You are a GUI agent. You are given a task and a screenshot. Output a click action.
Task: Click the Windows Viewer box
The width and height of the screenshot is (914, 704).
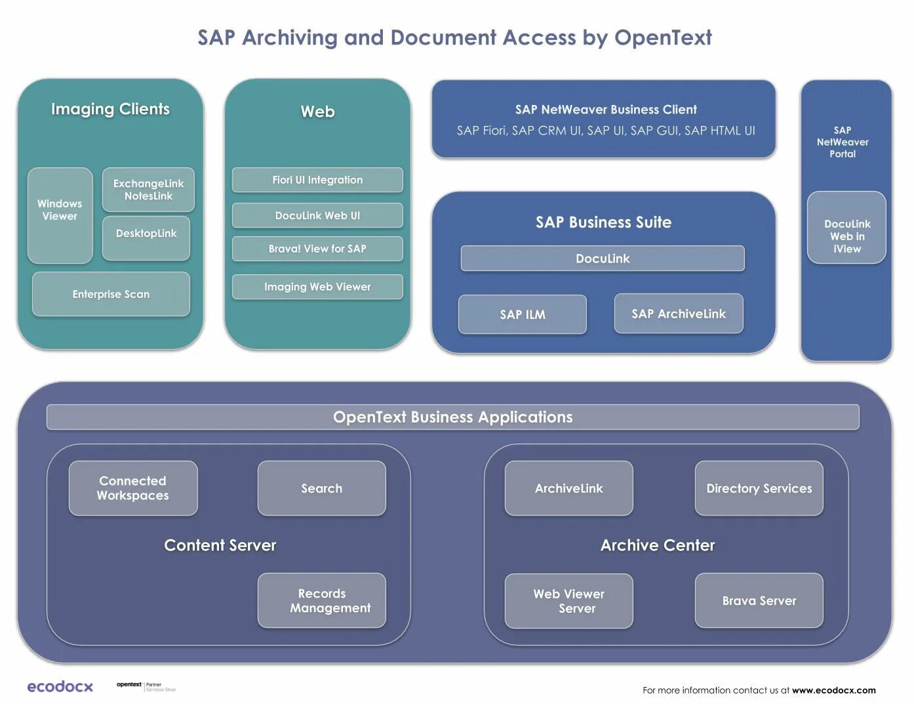pyautogui.click(x=60, y=215)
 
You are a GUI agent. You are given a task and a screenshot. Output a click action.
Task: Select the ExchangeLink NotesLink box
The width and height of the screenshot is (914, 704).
pyautogui.click(x=148, y=190)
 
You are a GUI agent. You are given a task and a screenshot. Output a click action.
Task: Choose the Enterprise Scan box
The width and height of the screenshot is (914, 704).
pyautogui.click(x=111, y=294)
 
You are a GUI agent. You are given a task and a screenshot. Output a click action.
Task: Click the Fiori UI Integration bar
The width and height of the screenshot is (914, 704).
pyautogui.click(x=317, y=180)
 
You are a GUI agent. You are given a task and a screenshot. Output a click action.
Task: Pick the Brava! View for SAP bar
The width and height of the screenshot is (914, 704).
pyautogui.click(x=317, y=249)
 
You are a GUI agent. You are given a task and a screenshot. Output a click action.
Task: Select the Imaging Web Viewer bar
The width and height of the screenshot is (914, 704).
pyautogui.click(x=317, y=287)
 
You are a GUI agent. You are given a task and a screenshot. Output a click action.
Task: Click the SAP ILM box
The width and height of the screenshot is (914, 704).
pyautogui.click(x=522, y=314)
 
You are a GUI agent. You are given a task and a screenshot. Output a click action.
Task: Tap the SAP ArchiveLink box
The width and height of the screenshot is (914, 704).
pyautogui.click(x=679, y=314)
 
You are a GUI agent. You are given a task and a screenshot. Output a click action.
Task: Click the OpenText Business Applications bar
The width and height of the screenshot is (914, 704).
pyautogui.click(x=452, y=417)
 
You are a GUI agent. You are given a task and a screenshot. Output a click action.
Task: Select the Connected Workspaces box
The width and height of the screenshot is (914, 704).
pyautogui.click(x=133, y=488)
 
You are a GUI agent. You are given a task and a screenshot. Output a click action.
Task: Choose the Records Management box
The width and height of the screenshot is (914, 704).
pyautogui.click(x=322, y=600)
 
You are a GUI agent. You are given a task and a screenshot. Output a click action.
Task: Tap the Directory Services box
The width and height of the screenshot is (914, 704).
pyautogui.click(x=759, y=488)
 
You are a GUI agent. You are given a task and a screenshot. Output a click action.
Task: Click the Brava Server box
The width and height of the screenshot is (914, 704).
pyautogui.click(x=759, y=600)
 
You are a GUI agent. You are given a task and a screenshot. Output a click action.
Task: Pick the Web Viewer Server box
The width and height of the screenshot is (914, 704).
pyautogui.click(x=568, y=601)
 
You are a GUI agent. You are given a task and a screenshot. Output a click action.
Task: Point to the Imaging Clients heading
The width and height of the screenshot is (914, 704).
pyautogui.click(x=110, y=109)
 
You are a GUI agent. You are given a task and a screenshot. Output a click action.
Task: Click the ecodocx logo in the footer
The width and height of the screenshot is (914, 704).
pyautogui.click(x=60, y=686)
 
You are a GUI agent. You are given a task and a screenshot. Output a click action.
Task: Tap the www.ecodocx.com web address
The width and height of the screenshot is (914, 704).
pyautogui.click(x=833, y=690)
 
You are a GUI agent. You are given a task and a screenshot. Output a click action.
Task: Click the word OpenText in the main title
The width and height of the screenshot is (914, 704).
pyautogui.click(x=662, y=37)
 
